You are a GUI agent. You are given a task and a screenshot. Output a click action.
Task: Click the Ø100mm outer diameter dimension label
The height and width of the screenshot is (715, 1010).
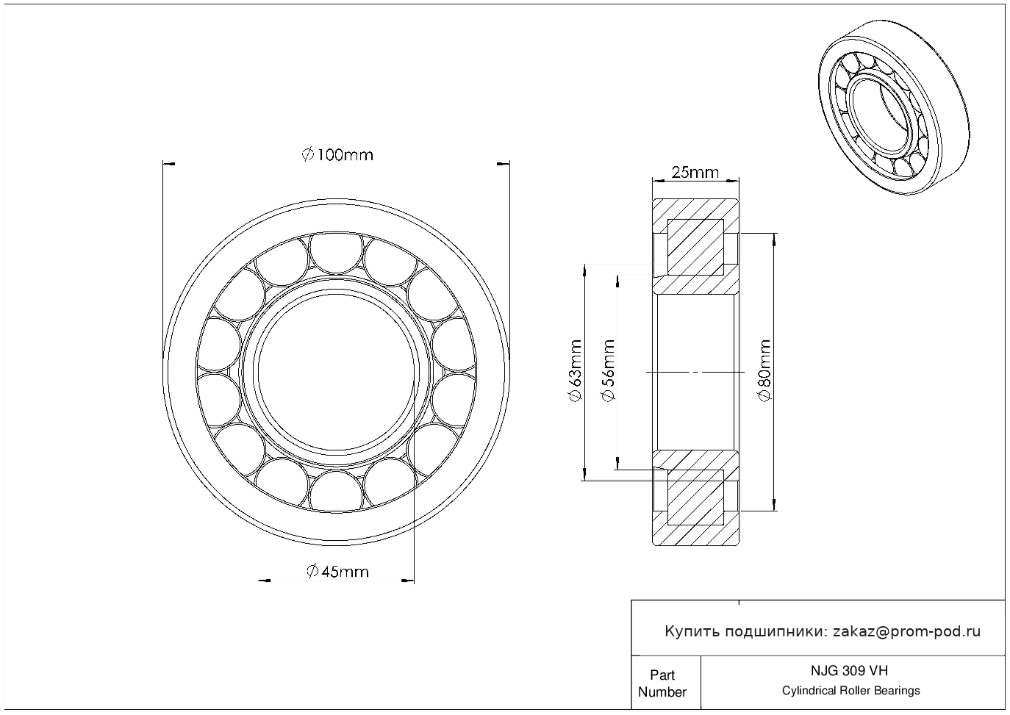click(x=337, y=155)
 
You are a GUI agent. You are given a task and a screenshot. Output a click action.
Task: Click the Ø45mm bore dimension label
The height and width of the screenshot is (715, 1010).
click(x=337, y=572)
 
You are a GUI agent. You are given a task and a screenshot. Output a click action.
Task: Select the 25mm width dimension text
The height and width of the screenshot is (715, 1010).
click(x=695, y=172)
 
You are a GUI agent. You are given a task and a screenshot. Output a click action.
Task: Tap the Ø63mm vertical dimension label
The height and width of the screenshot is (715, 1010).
click(x=576, y=370)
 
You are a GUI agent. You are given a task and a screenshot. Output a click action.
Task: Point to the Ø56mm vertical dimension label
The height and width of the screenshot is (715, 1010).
click(x=608, y=370)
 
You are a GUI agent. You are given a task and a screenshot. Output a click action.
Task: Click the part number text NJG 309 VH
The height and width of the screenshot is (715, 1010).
click(x=849, y=671)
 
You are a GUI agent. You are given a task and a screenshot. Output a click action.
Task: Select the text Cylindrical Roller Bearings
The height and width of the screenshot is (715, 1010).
click(x=850, y=691)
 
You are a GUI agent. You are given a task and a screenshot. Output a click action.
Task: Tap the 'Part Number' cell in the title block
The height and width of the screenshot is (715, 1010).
click(x=662, y=683)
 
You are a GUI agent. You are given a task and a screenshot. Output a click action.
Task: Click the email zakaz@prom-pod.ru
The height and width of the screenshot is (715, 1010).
click(x=906, y=632)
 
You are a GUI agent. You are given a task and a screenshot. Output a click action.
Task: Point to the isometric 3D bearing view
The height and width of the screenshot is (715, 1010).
click(x=894, y=107)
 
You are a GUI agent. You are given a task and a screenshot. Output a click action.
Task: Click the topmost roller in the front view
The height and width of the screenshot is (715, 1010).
click(x=337, y=253)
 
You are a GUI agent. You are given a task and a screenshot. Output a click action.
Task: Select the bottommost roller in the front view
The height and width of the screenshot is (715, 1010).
click(x=337, y=492)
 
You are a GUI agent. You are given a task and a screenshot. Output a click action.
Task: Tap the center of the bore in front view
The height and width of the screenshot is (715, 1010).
click(x=337, y=373)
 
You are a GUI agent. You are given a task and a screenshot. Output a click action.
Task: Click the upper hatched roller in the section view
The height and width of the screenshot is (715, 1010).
click(x=695, y=247)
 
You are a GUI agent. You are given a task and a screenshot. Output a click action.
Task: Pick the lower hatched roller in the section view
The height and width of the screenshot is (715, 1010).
click(x=695, y=497)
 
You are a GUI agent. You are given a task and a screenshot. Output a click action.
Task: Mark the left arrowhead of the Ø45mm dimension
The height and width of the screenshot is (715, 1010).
click(x=264, y=581)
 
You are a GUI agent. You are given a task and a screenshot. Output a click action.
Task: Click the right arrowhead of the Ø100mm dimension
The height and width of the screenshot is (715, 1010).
click(x=504, y=164)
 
